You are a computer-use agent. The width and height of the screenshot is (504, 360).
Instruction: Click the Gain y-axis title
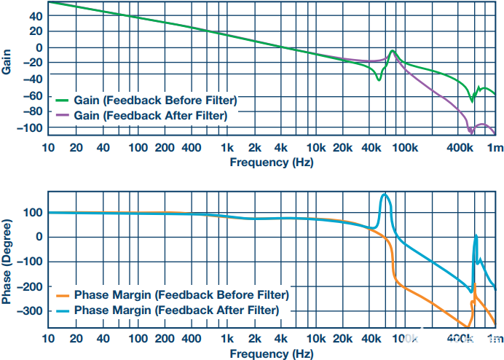tap(6, 62)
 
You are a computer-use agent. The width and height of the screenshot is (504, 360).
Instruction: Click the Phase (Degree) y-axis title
tap(6, 262)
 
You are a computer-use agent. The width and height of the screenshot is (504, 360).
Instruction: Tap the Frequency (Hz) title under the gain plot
tap(272, 162)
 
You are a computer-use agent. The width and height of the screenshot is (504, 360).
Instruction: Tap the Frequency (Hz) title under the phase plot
tap(272, 354)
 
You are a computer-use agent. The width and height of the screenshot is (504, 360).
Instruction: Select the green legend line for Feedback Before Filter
tap(62, 101)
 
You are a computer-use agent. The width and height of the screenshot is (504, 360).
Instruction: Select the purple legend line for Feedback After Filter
tap(62, 115)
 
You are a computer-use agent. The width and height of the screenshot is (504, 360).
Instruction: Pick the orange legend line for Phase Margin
tap(62, 295)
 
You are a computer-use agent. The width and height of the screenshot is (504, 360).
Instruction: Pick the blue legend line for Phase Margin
tap(62, 310)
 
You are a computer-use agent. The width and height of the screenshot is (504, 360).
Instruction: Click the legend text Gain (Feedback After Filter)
tap(151, 115)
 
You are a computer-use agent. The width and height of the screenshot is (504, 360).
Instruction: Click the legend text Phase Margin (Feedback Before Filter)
tap(181, 295)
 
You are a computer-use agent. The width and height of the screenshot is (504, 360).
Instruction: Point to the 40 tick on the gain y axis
tap(36, 16)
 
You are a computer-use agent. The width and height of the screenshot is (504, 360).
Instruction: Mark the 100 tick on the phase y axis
tap(33, 213)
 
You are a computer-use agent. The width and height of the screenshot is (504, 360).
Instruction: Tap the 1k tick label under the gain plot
tap(227, 148)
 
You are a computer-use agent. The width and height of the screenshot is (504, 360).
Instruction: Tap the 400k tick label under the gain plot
tap(460, 148)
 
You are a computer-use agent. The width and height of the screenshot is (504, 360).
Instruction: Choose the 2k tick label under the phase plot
tap(255, 338)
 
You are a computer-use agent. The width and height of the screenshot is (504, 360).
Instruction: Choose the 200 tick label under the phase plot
tap(165, 338)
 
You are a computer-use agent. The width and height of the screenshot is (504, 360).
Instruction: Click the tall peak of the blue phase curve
tap(385, 195)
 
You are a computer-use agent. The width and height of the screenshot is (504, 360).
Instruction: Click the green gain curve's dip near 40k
tap(379, 79)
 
